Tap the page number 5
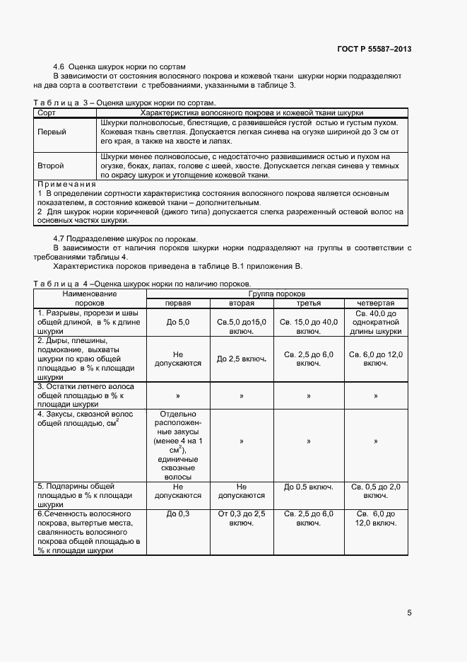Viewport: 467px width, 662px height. pyautogui.click(x=409, y=612)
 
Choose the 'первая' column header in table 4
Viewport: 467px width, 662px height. pyautogui.click(x=177, y=303)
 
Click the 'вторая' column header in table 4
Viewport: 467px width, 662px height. pyautogui.click(x=242, y=303)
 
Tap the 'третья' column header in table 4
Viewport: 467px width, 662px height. pyautogui.click(x=308, y=303)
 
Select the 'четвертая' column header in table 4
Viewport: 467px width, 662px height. pyautogui.click(x=375, y=303)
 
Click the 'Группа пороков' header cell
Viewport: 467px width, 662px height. pyautogui.click(x=276, y=293)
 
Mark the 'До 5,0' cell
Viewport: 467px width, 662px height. pyautogui.click(x=177, y=322)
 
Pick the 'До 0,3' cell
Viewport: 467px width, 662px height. pyautogui.click(x=177, y=513)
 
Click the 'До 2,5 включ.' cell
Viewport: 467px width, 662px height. pyautogui.click(x=242, y=359)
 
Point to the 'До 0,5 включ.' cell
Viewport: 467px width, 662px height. pyautogui.click(x=308, y=487)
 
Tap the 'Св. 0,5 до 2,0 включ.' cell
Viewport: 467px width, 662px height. pyautogui.click(x=375, y=491)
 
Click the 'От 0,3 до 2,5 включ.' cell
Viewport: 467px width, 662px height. pyautogui.click(x=242, y=518)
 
